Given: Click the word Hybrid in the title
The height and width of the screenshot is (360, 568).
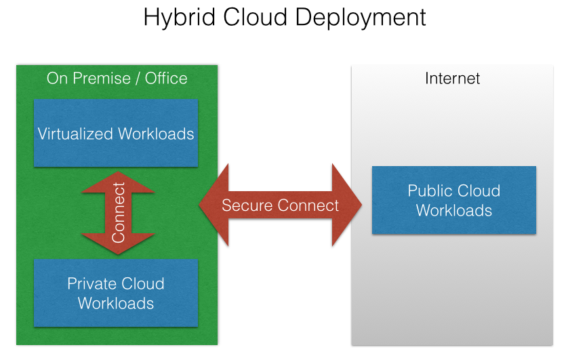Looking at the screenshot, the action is pos(180,18).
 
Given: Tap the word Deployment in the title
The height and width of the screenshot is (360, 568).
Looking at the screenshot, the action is pos(361,18).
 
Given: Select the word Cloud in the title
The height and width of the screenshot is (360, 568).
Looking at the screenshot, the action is pos(256,17).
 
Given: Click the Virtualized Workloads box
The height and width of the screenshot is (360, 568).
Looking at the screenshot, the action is pos(116,133).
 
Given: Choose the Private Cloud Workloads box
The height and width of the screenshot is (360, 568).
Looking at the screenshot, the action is pos(116,293).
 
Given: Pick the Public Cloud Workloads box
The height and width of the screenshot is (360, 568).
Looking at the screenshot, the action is pos(454,200).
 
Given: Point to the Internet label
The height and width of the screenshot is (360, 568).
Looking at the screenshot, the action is pos(453,78).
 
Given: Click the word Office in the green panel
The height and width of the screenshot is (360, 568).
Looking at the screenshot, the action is pos(166,78).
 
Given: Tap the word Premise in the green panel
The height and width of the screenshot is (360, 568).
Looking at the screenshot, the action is pos(102,78).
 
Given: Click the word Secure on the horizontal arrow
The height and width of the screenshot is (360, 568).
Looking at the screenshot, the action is pos(247,205).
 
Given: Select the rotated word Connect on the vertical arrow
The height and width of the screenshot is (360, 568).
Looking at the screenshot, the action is pos(119,213).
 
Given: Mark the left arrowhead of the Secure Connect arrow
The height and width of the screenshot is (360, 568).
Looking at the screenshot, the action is pos(214,205).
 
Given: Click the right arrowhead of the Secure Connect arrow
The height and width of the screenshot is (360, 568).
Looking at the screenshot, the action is pos(347,205).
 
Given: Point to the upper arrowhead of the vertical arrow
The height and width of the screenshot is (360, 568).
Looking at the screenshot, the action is pos(118,182).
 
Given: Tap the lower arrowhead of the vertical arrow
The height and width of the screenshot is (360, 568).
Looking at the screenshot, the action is pos(118,243).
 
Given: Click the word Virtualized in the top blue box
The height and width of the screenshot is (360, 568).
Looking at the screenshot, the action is pos(75,134).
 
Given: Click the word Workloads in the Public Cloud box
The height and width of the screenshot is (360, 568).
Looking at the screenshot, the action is pos(454,210).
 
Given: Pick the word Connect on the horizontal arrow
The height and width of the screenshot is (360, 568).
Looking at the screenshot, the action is pos(308,205).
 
